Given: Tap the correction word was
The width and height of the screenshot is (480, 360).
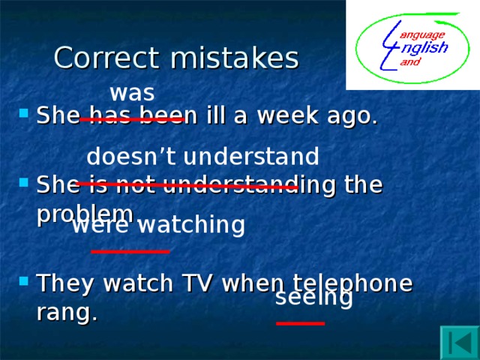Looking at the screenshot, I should (x=132, y=93).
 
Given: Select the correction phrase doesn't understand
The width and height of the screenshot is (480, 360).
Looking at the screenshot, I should (x=202, y=156).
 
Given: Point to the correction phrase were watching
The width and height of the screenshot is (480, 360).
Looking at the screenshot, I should (x=158, y=225).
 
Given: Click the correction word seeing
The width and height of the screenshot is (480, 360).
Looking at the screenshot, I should (x=314, y=298).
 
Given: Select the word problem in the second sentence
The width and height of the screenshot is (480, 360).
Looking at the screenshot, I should (x=85, y=213).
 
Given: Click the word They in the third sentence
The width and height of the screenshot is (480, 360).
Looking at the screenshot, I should (x=66, y=283).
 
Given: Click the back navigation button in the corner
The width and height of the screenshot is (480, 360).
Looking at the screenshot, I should (x=459, y=341).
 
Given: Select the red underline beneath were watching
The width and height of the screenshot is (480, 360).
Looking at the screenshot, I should (x=130, y=251).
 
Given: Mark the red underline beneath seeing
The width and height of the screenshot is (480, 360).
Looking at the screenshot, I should (x=300, y=323).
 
